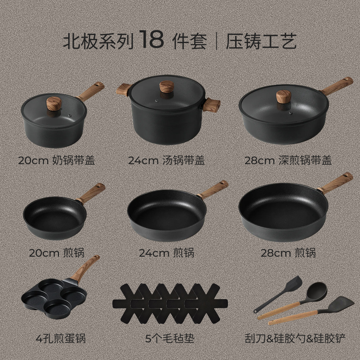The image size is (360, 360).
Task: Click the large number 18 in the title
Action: click(x=150, y=40)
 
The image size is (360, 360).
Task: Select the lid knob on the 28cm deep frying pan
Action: click(x=283, y=96)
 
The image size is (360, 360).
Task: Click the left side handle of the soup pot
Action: click(x=123, y=89)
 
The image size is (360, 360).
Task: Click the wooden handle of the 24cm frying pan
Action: click(x=213, y=190)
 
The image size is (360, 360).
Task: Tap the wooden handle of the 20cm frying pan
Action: click(x=91, y=193)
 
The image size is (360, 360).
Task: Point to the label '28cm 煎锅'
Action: click(x=288, y=253)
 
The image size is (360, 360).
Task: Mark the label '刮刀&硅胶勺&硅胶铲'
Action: click(x=294, y=338)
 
